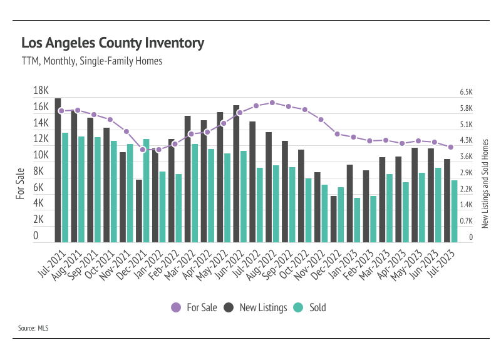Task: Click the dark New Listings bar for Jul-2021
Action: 58,170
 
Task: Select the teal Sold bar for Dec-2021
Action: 146,191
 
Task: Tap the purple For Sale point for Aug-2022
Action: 272,103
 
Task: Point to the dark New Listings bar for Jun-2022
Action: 236,174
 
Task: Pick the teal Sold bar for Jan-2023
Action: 357,220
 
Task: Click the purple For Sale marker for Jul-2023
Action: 451,147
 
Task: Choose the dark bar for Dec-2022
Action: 334,219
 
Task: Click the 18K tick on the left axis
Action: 41,90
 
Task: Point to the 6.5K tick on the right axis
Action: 466,92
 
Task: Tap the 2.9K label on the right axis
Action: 466,173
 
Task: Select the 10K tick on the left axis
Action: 41,155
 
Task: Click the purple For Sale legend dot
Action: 176,307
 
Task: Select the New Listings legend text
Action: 263,307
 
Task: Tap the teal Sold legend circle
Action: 298,307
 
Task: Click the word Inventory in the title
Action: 175,43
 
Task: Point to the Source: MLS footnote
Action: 33,328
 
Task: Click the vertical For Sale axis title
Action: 20,183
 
